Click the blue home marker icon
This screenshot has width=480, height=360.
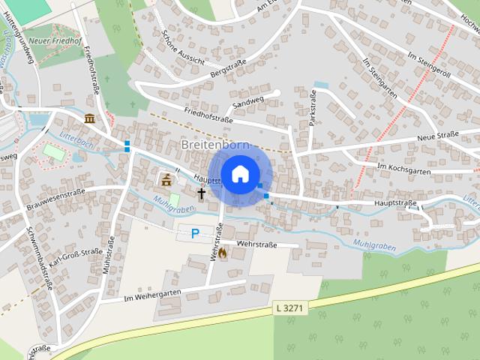(x=240, y=175)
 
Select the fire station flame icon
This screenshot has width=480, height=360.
(x=222, y=253)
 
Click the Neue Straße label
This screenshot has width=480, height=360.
(x=437, y=135)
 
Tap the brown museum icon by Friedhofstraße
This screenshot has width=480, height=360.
(x=89, y=118)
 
